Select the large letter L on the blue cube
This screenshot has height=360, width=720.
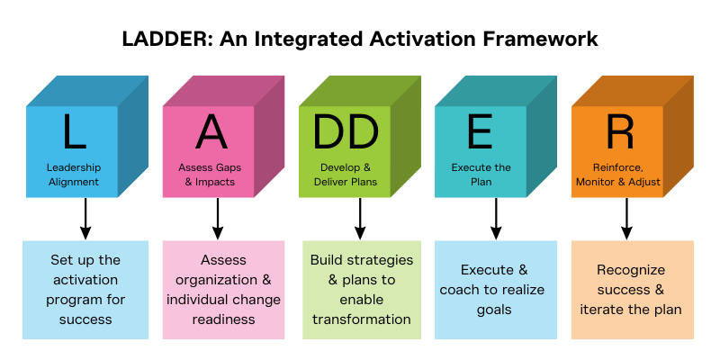click(75, 131)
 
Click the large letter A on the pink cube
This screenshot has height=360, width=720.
click(211, 131)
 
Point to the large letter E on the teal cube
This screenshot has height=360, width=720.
click(481, 131)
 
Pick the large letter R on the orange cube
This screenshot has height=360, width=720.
click(619, 131)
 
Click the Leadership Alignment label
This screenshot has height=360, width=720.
click(74, 175)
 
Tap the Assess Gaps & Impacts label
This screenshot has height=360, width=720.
click(210, 175)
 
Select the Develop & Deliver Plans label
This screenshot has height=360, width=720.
click(346, 175)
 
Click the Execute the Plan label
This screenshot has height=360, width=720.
click(481, 175)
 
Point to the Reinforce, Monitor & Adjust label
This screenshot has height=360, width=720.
click(618, 175)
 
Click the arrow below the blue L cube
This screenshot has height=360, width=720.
click(85, 219)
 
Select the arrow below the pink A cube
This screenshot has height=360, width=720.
click(218, 219)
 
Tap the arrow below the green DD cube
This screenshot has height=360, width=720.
click(360, 219)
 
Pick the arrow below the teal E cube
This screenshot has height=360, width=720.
click(496, 219)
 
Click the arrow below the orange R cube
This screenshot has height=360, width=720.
click(626, 219)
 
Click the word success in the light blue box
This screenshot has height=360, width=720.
click(85, 319)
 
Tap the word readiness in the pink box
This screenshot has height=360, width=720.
click(223, 319)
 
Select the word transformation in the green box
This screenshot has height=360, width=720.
click(362, 319)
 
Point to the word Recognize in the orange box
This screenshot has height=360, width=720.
click(631, 271)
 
